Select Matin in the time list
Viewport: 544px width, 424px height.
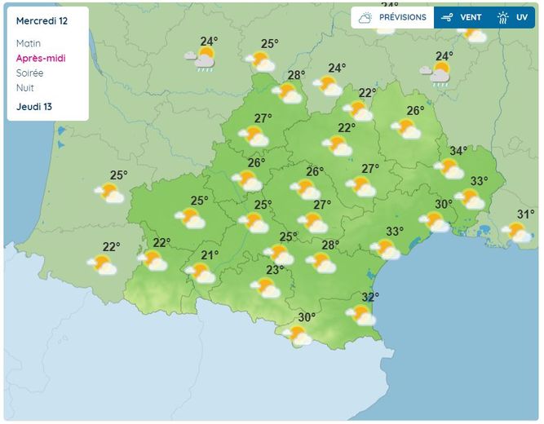[x=28, y=43]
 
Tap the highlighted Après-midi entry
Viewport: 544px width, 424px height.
[x=41, y=59]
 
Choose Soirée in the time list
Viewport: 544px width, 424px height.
[x=29, y=73]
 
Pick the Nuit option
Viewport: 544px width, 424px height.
[x=24, y=88]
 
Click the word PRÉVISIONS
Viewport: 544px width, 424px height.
[x=402, y=17]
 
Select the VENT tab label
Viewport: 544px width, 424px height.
[x=471, y=17]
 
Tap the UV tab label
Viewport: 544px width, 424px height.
[x=522, y=17]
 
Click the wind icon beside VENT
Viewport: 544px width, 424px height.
[x=446, y=17]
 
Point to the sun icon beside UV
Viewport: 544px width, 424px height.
[x=502, y=17]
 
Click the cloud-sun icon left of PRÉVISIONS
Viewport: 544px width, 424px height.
[x=365, y=17]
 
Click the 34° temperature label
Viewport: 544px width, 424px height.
[x=458, y=151]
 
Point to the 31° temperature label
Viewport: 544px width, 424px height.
[x=526, y=214]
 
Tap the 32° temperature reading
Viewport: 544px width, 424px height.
[x=370, y=297]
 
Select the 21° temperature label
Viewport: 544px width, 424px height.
[x=210, y=255]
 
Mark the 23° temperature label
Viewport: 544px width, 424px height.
[x=275, y=270]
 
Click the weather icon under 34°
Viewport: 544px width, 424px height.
[x=449, y=169]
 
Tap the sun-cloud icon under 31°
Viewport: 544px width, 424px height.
[x=516, y=232]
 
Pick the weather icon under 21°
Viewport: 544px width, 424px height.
[x=201, y=272]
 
